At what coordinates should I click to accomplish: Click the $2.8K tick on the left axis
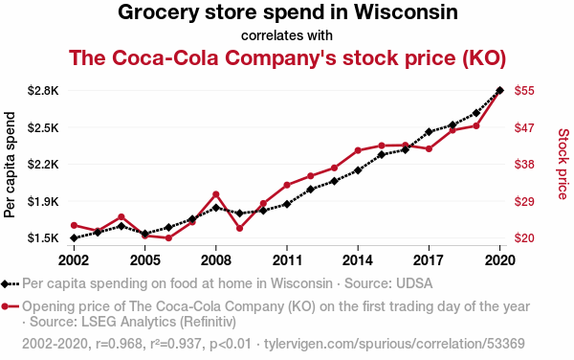point(43,90)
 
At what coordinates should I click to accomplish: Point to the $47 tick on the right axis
point(524,127)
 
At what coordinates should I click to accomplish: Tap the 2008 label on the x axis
point(216,260)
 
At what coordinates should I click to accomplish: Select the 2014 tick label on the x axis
point(358,260)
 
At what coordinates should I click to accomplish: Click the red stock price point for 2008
point(216,194)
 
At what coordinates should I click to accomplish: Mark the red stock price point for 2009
point(240,228)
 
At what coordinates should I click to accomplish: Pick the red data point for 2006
point(168,238)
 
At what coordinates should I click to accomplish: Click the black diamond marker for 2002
point(74,238)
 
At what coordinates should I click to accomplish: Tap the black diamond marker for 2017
point(429,132)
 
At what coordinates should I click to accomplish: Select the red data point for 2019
point(476,126)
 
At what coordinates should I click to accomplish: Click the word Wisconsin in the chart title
point(406,12)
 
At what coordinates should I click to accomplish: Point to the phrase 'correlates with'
point(287,35)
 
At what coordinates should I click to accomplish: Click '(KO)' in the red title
point(484,57)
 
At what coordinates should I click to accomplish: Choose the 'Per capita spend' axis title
point(10,165)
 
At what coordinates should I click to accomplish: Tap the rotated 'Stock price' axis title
point(563,164)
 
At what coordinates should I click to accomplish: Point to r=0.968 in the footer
point(119,344)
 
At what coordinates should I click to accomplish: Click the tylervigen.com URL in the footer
point(394,344)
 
